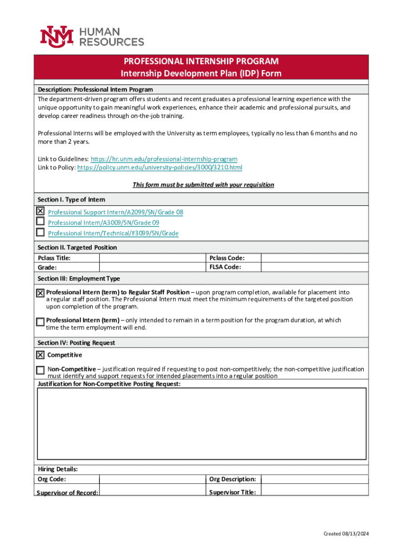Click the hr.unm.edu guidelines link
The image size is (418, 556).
[x=163, y=159]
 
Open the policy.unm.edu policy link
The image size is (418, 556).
[x=160, y=168]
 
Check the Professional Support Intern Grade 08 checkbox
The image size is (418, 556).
[x=40, y=211]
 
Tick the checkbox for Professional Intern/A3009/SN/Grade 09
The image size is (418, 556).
[x=40, y=222]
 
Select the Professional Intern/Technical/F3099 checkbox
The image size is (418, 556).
[x=40, y=232]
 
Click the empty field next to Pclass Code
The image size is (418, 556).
[x=314, y=258]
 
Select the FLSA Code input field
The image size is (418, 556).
[x=314, y=267]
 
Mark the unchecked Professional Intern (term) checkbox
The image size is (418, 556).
[x=40, y=321]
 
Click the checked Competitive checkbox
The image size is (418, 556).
[x=40, y=355]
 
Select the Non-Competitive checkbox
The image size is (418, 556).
[x=40, y=370]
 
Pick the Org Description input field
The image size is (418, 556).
[x=314, y=479]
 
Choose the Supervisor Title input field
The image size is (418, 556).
[x=314, y=492]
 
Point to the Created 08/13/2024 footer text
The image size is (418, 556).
[x=346, y=534]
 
